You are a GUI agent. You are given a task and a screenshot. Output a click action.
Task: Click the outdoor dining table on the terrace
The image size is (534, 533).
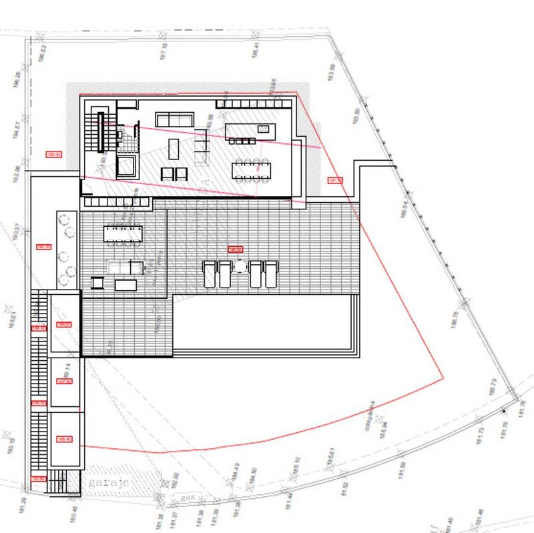[x=123, y=233]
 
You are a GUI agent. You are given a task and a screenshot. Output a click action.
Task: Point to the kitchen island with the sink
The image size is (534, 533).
[x=250, y=130]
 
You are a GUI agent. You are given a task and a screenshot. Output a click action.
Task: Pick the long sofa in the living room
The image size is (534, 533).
[x=175, y=119]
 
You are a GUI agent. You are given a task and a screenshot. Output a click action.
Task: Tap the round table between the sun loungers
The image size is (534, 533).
[x=240, y=267]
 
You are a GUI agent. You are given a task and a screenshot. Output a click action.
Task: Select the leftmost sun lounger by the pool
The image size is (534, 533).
[x=209, y=274]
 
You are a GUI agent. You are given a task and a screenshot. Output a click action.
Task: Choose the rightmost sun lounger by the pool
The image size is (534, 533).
[x=270, y=274]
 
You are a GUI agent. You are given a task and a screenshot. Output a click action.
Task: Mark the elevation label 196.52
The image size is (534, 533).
[x=42, y=52]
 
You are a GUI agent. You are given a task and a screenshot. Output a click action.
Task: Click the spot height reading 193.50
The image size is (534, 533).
[x=330, y=72]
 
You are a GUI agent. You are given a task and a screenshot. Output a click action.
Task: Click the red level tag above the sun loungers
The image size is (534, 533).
[x=235, y=249]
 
